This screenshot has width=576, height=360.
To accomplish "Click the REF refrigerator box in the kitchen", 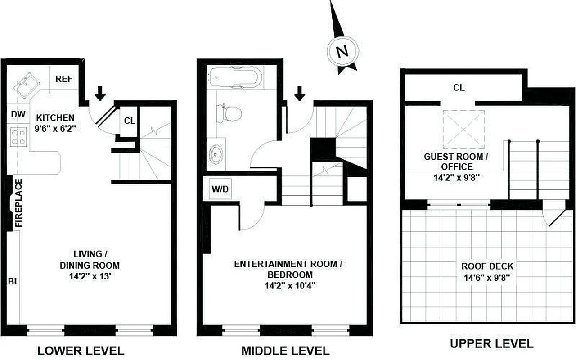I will [x=64, y=79].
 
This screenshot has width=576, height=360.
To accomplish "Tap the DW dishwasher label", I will [x=18, y=115].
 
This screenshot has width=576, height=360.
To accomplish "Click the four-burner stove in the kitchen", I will [x=18, y=137].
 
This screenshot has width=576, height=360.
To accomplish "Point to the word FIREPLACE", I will [x=18, y=203].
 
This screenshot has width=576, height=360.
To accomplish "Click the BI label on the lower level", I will [x=12, y=282].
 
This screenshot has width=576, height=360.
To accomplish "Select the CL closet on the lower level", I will [x=129, y=121].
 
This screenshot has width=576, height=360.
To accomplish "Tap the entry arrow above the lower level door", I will [x=100, y=94].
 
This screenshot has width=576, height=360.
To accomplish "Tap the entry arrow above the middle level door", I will [x=300, y=94].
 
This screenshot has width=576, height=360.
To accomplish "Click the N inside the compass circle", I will [x=343, y=51].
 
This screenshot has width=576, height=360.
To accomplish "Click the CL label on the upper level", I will [x=459, y=88].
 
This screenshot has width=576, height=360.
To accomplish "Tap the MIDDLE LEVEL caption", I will [x=285, y=350].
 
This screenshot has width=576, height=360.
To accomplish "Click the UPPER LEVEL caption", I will [x=491, y=344].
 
